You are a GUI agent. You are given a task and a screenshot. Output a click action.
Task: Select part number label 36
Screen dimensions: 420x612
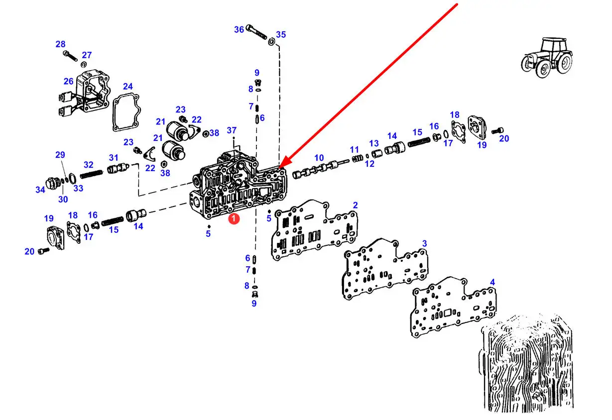click(239, 30)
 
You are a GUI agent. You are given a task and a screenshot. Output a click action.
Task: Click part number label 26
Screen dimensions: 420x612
click(68, 82)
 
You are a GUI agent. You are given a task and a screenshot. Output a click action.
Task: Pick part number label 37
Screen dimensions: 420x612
click(232, 130)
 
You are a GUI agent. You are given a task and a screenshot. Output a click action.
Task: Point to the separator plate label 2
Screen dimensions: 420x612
click(355, 205)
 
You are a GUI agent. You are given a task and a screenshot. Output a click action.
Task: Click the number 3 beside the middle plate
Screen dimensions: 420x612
click(424, 243)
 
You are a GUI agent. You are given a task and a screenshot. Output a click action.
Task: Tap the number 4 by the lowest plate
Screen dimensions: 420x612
click(492, 283)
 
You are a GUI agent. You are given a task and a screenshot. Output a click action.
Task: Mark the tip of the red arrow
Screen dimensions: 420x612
click(280, 166)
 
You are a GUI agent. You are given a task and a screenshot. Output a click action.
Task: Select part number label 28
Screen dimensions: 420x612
click(60, 44)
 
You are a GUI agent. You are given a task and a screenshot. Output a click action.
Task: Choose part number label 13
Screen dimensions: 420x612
click(374, 143)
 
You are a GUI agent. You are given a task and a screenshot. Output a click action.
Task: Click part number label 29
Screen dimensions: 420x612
click(60, 155)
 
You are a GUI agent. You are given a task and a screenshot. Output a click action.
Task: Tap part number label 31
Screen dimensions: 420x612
click(114, 158)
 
